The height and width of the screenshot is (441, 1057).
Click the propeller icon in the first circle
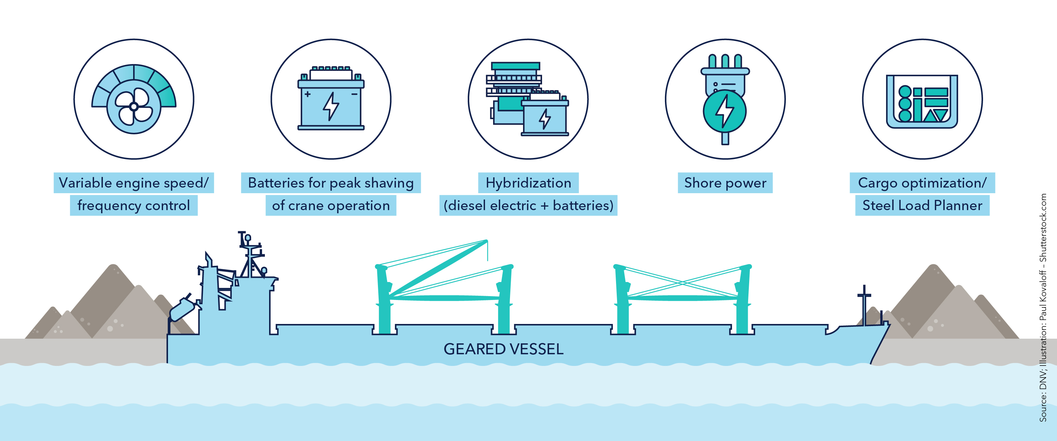[x=133, y=107]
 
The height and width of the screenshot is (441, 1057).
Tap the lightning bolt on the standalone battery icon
[x=331, y=106]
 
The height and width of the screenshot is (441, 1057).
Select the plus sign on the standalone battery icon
[x=307, y=94]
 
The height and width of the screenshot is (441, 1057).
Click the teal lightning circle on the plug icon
[x=725, y=111]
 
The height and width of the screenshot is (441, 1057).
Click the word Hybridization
[x=528, y=183]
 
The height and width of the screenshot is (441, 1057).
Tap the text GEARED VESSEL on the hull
[x=503, y=349]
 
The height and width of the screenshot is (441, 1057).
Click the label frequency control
[x=133, y=205]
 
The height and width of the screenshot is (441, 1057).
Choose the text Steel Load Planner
[x=922, y=205]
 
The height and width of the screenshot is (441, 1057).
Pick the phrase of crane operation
[x=331, y=205]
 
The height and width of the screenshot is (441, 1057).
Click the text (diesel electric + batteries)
[x=528, y=205]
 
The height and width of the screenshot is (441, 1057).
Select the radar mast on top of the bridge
[x=249, y=255]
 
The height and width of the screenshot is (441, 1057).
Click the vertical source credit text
[x=1043, y=308]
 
